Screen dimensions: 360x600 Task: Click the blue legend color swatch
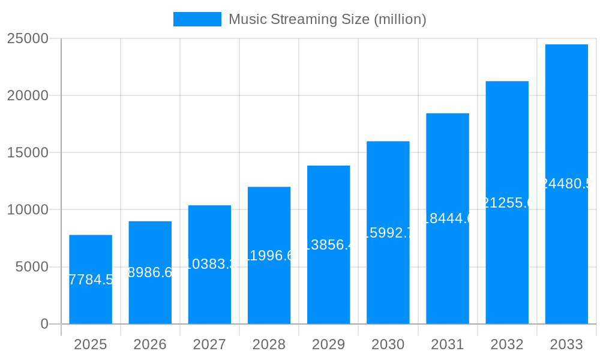coord(197,19)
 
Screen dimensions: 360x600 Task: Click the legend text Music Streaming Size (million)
coord(327,19)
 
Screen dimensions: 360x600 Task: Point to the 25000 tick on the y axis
coord(28,38)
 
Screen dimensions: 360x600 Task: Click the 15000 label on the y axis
coord(28,152)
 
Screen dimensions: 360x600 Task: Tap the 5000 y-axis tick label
coord(32,267)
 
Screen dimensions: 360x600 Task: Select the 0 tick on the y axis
coord(44,324)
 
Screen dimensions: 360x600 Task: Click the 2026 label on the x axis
coord(150,344)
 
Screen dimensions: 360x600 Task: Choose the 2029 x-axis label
coord(329,344)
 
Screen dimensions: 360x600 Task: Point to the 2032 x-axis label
coord(507,344)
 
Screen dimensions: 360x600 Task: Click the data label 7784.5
coord(91,280)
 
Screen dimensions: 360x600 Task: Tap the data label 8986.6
coord(150,272)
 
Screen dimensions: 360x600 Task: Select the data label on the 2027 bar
coord(209,264)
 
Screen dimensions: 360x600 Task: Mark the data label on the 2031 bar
coord(448,218)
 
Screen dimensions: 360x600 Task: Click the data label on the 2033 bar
coord(566,184)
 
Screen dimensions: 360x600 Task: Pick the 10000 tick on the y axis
coord(28,210)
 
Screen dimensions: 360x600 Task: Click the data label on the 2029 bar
coord(329,245)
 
